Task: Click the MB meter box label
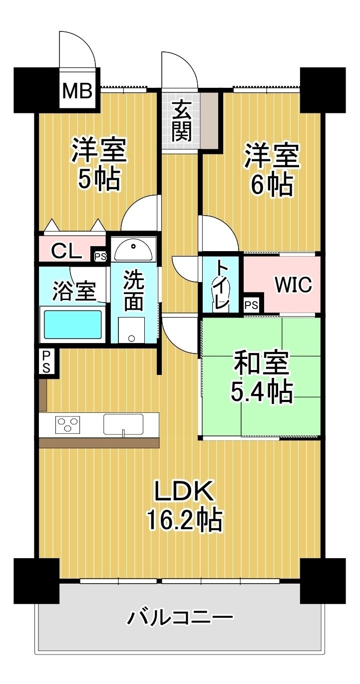pos(77,91)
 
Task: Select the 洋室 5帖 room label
pos(99,165)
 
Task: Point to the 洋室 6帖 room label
pos(271,170)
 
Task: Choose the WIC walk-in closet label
pos(294,285)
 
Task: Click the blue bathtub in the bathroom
pos(73,325)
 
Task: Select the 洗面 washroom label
pos(134,291)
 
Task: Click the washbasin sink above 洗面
pos(133,249)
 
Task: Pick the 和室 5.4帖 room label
pos(261,379)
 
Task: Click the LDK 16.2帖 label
pos(184,505)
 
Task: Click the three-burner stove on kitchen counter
pos(67,425)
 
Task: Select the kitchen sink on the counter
pos(123,424)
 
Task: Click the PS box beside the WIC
pos(252,305)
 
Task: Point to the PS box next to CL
pos(100,257)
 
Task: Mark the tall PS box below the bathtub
pos(46,360)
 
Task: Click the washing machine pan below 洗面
pos(131,330)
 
